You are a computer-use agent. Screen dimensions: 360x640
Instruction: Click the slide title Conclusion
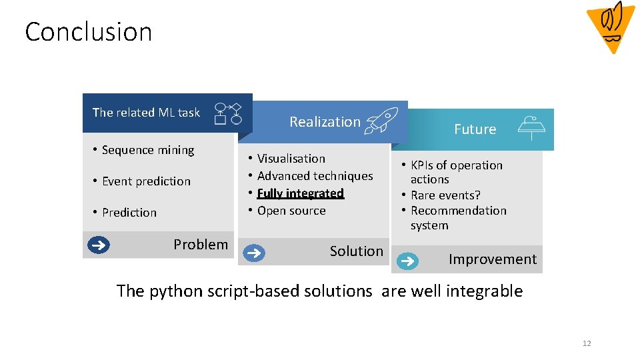click(89, 32)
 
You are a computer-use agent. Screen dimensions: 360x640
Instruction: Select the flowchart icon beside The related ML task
click(227, 114)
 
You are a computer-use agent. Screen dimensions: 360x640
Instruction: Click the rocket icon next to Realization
click(381, 121)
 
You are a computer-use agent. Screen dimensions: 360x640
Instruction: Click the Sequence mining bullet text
click(147, 150)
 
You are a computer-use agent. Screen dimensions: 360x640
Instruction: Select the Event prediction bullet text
click(146, 181)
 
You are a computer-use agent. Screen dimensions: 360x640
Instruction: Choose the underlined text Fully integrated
click(301, 193)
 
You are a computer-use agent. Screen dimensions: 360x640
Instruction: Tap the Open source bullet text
click(291, 211)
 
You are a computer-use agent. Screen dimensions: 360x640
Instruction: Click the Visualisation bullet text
click(291, 159)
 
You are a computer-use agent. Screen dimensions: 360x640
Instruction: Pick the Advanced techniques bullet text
click(315, 176)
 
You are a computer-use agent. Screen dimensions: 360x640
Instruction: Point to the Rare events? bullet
click(445, 195)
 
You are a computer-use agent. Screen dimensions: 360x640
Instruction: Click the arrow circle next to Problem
click(99, 245)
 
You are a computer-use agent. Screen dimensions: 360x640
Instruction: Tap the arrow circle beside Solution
click(253, 253)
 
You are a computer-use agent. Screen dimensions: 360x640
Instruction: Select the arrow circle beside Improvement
click(407, 260)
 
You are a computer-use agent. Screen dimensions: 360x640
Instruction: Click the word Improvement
click(492, 259)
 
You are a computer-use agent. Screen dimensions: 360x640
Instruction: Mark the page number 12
click(587, 343)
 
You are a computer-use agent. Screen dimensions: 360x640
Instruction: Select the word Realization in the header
click(325, 122)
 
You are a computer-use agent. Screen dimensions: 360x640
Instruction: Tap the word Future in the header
click(475, 129)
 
